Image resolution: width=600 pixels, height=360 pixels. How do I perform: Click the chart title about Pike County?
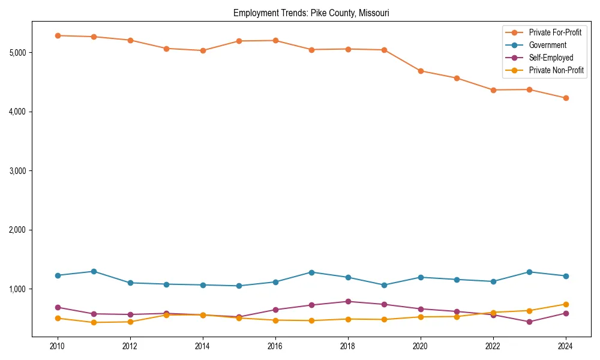[311, 13]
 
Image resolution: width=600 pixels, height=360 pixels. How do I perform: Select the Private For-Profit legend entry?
[555, 32]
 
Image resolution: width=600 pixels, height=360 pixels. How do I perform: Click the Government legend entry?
[547, 45]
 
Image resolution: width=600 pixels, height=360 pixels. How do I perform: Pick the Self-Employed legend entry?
[551, 58]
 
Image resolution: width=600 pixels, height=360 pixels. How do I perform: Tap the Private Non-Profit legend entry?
[556, 70]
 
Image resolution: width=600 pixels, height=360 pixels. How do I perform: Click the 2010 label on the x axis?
[58, 346]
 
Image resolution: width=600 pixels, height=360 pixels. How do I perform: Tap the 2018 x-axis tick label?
[348, 346]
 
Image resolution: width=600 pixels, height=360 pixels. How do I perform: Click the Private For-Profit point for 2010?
[58, 35]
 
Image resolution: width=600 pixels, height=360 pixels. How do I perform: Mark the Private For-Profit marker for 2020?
[421, 71]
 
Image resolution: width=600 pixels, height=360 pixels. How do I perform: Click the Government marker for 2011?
[94, 271]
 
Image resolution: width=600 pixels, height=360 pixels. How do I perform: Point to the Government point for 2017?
[311, 272]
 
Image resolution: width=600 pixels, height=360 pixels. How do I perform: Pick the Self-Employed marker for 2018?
[348, 301]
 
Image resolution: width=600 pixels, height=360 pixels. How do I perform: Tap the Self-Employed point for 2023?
[529, 322]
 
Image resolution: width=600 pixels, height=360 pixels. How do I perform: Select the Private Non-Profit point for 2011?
[94, 322]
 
